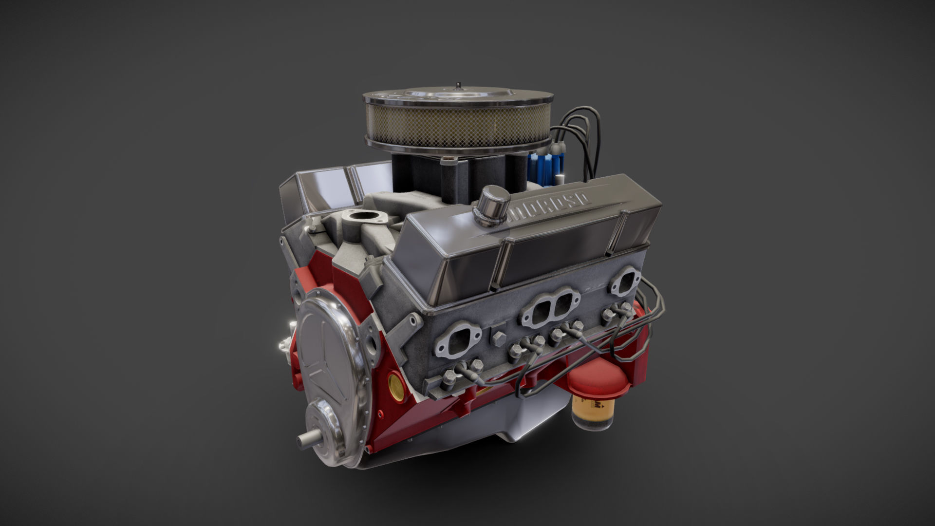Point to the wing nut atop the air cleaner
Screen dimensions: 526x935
pyautogui.click(x=458, y=87)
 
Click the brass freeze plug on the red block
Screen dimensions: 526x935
pyautogui.click(x=397, y=385)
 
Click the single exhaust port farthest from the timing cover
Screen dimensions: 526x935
pyautogui.click(x=625, y=281)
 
